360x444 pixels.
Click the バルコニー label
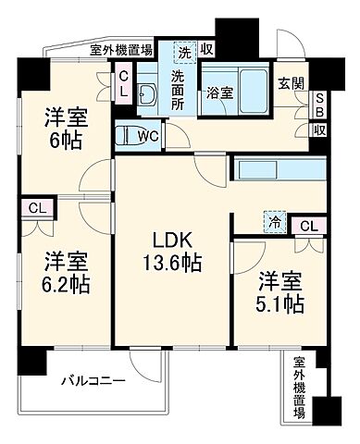(88, 379)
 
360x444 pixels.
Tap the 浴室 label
(219, 93)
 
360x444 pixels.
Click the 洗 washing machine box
(185, 50)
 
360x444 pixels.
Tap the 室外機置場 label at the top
(121, 52)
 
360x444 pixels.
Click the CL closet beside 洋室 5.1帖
(308, 224)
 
